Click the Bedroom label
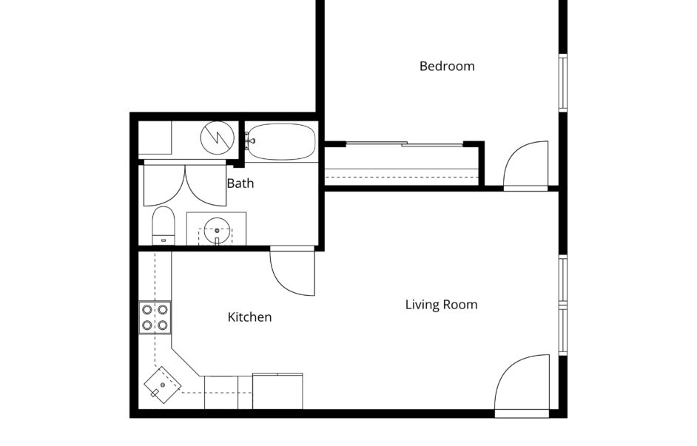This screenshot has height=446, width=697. tap(447, 66)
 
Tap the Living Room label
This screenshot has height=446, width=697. tap(442, 305)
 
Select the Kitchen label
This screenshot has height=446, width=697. tap(249, 317)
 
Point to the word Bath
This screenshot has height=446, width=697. tap(240, 183)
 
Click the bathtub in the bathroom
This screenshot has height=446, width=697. tap(281, 142)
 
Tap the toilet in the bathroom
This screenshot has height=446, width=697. tap(164, 226)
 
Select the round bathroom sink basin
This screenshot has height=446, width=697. tap(218, 231)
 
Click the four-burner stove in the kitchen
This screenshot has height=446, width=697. tap(155, 317)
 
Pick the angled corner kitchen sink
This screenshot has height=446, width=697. tap(162, 385)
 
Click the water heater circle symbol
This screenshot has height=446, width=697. tap(218, 138)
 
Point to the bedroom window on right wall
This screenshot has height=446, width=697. tap(563, 83)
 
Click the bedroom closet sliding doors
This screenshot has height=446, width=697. tap(405, 143)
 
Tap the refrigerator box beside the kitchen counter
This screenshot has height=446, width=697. tap(277, 391)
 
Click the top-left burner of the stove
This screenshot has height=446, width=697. tap(147, 310)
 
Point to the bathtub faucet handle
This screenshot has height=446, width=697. tap(249, 141)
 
